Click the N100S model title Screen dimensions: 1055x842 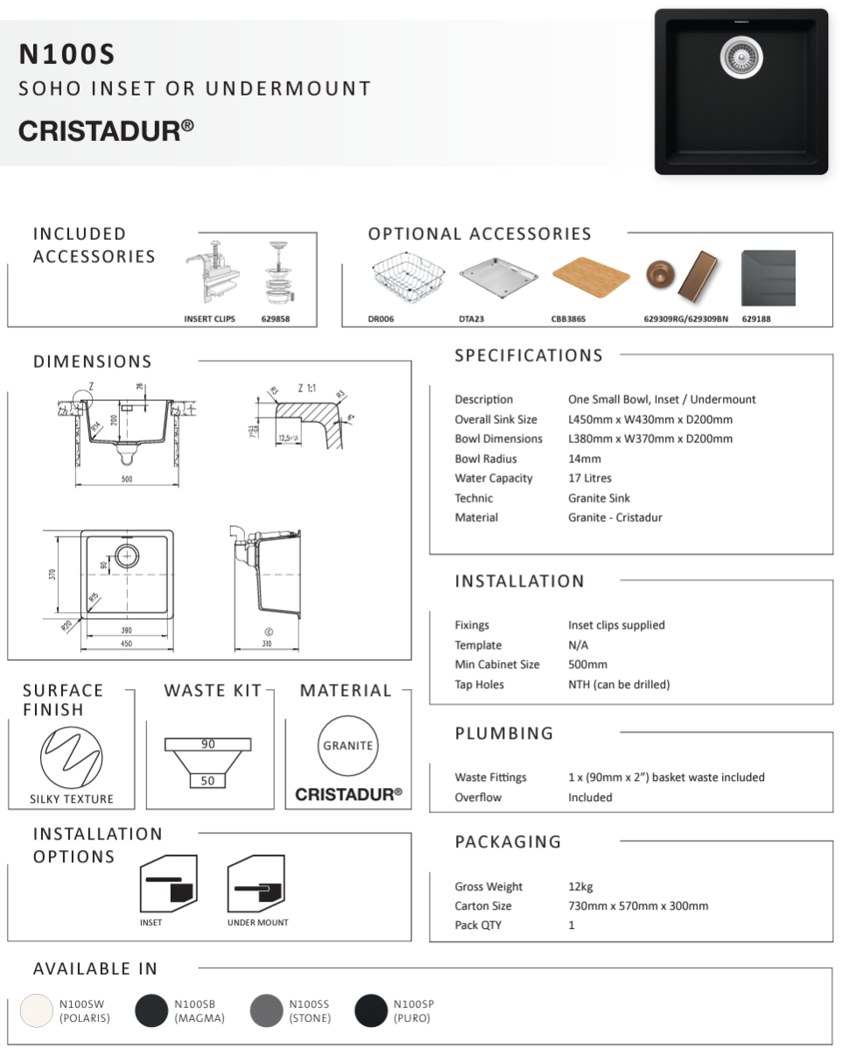pos(67,55)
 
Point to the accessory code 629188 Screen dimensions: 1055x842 pos(756,320)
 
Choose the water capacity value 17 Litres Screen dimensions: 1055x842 pos(590,478)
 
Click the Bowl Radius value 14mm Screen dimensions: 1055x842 pos(585,459)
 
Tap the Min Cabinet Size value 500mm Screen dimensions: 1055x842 pos(587,665)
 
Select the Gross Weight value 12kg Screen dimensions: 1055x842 pos(580,887)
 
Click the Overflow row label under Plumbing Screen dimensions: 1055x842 pos(478,798)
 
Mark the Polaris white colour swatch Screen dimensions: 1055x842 pos(37,1010)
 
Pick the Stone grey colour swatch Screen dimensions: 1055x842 pos(266,1010)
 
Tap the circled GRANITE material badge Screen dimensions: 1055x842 pos(347,746)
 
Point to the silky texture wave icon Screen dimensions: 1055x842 pos(71,757)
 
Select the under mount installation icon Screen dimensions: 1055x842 pos(257,886)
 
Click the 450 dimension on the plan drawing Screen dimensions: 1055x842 pos(126,644)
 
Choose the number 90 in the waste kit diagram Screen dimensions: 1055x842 pos(208,744)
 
